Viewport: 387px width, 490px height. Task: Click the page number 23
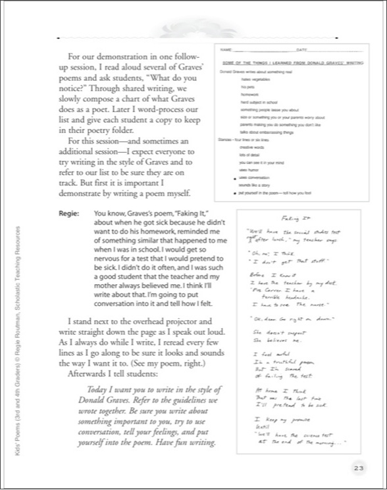coord(357,468)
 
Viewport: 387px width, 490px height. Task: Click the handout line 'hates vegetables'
coord(254,78)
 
